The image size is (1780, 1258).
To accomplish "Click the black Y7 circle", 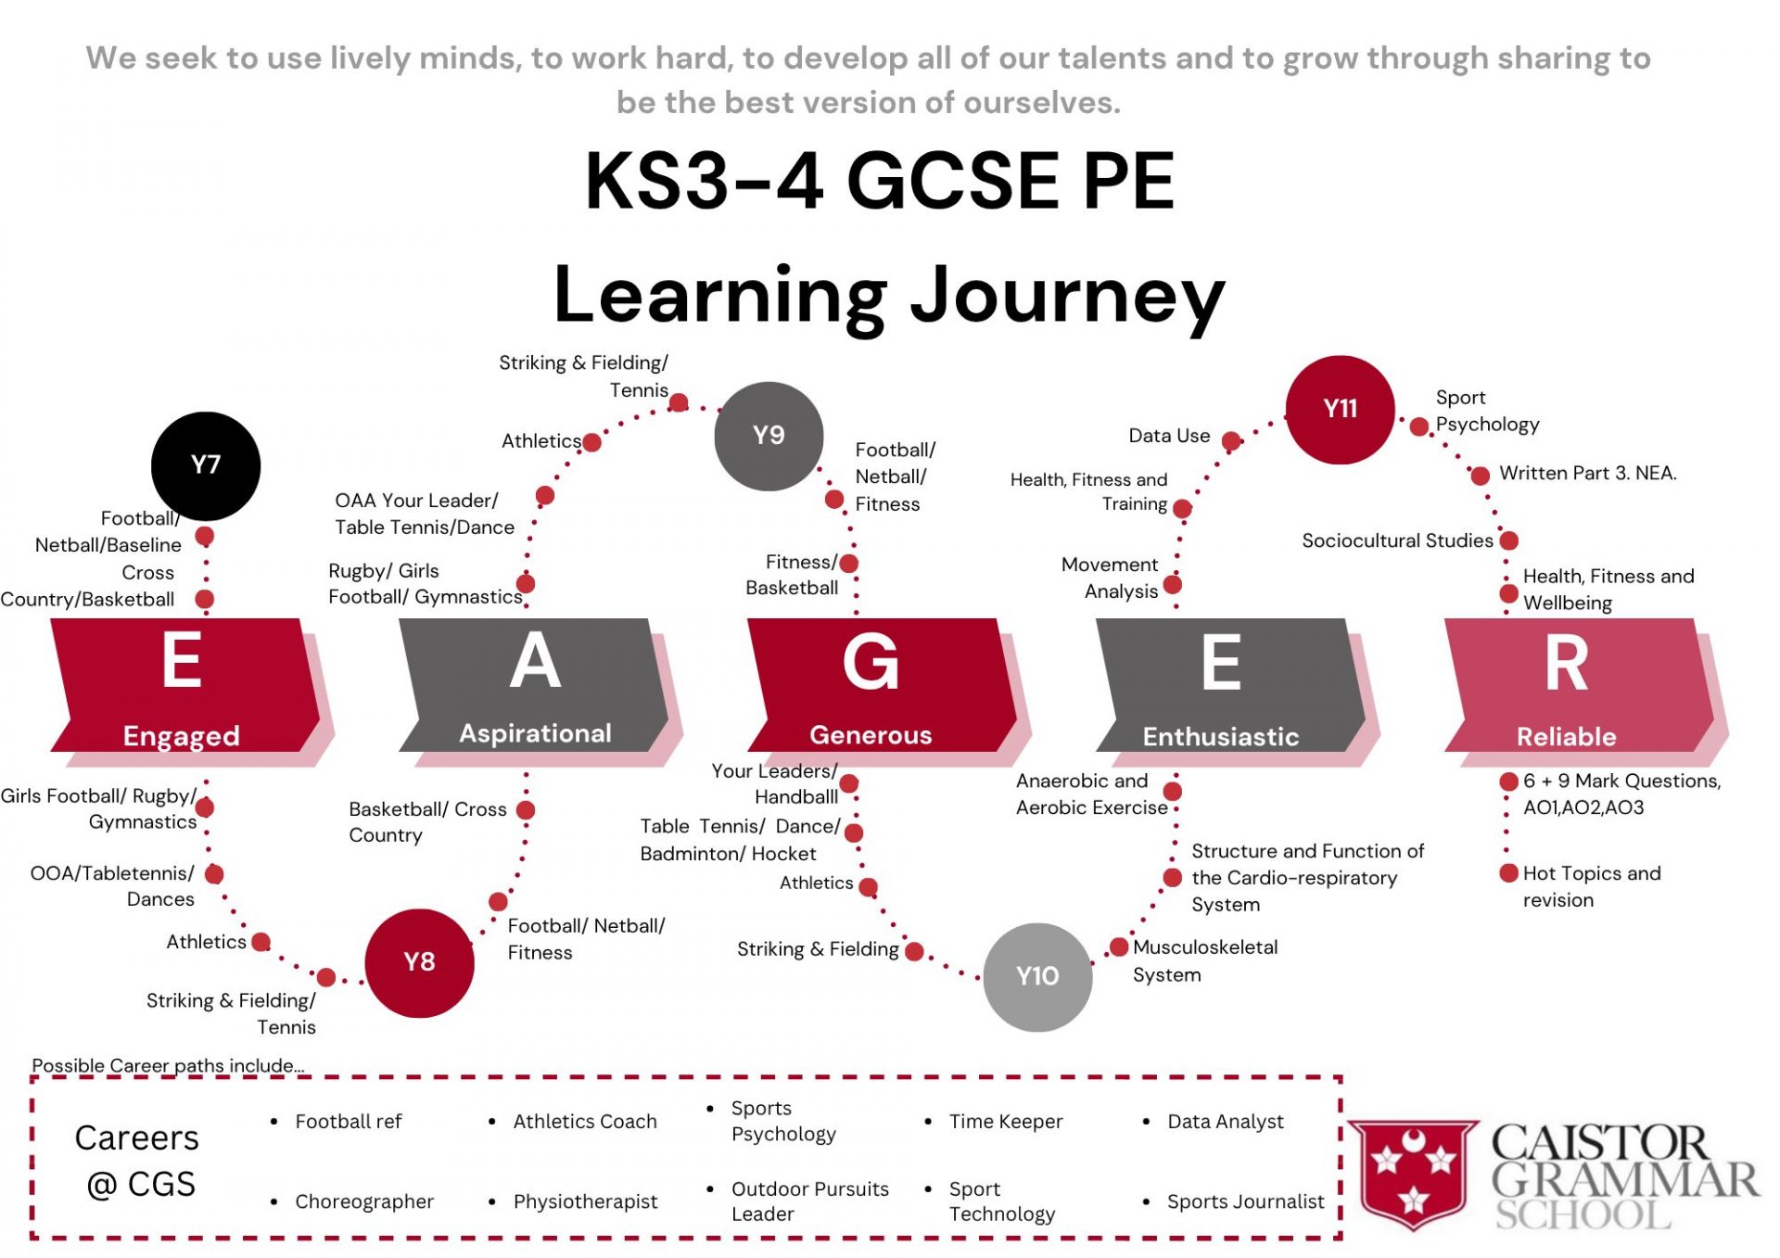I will pos(205,465).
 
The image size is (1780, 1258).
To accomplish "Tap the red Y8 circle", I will pos(419,962).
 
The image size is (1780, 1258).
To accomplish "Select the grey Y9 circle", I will pos(769,436).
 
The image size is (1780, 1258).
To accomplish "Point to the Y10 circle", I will pos(1036,976).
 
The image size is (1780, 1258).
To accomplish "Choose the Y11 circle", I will pos(1340,409).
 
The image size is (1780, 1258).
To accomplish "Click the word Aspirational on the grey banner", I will pos(535,733).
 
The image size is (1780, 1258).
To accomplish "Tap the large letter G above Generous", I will pos(871,663).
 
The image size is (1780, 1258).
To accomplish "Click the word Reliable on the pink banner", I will pos(1566,737).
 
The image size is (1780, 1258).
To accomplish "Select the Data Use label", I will pos(1169,436).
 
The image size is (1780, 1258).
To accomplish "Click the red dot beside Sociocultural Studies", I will pos(1509,540).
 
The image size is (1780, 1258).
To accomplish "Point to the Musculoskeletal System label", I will pos(1204,960).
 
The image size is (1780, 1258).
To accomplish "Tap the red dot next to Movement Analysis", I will pos(1173,584).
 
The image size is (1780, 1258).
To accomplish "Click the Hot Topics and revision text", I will pos(1591,886).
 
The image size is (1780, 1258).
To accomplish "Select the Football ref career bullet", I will pos(348,1122).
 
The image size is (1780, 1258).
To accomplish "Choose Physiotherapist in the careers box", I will pos(585,1201).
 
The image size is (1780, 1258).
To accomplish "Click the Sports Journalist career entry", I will pos(1245,1201).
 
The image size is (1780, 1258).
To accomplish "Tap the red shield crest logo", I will pos(1412,1175).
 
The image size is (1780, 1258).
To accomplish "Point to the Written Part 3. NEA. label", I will pos(1587,473).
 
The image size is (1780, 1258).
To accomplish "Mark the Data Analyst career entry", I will pos(1225,1122).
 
